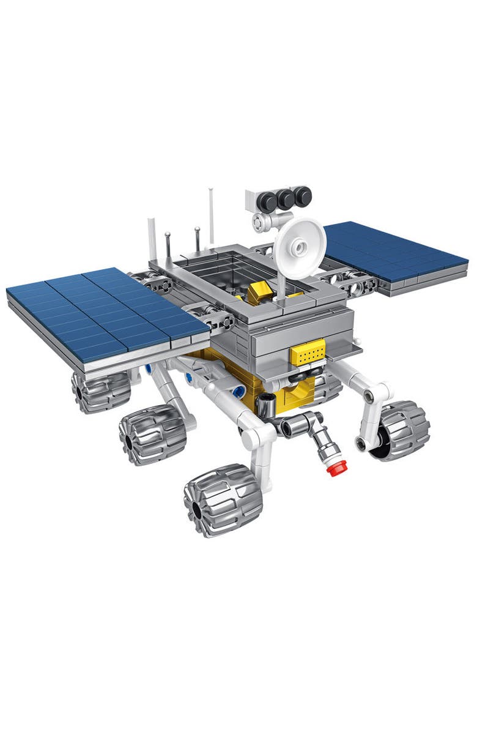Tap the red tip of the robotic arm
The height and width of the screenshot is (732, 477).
pyautogui.click(x=333, y=469)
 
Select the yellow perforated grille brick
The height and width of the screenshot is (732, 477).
pyautogui.click(x=308, y=352)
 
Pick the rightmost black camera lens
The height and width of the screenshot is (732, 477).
pyautogui.click(x=302, y=196)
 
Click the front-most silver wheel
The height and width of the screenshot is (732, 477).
pyautogui.click(x=223, y=499)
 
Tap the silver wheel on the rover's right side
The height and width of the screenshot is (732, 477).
pyautogui.click(x=401, y=430)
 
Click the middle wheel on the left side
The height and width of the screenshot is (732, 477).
pyautogui.click(x=152, y=433)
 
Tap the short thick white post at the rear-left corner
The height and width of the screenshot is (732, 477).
pyautogui.click(x=152, y=239)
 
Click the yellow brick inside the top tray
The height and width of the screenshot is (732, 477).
pyautogui.click(x=256, y=294)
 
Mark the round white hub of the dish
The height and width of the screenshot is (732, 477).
pyautogui.click(x=300, y=247)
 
